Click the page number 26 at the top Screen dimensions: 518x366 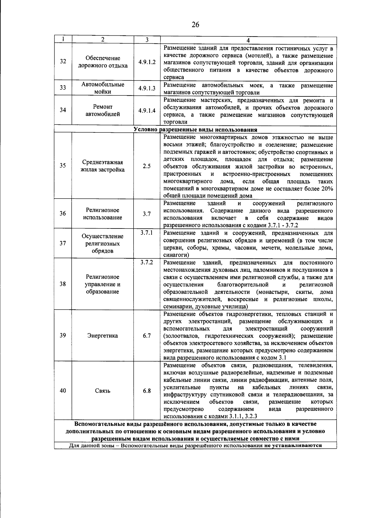pos(195,25)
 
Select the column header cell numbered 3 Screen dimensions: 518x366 pos(147,40)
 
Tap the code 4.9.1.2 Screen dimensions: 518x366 pos(147,62)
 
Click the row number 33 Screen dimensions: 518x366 pos(63,88)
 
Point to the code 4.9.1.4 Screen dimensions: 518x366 pos(147,110)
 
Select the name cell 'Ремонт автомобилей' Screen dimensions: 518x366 pos(103,110)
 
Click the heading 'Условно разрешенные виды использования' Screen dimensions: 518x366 pos(195,130)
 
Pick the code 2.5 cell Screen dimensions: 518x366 pos(147,166)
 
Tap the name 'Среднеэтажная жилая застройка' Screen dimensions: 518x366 pos(103,166)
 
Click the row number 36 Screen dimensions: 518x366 pos(63,214)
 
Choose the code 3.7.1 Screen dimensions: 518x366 pos(147,233)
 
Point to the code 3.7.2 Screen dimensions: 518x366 pos(147,262)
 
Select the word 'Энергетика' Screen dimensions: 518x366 pos(103,336)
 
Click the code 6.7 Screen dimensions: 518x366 pos(147,336)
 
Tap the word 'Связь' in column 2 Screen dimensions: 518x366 pos(103,391)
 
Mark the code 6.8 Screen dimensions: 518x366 pos(147,391)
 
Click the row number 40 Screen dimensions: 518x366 pos(63,391)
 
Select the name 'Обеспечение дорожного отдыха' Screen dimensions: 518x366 pos(103,62)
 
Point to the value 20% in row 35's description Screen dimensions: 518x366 pos(327,189)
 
